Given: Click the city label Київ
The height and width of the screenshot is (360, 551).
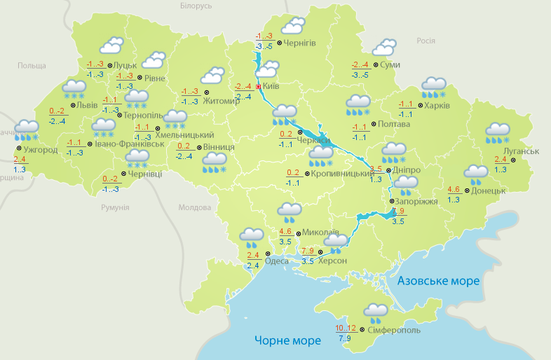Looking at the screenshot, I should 271,86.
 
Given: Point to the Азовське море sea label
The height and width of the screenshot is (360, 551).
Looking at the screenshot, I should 438,281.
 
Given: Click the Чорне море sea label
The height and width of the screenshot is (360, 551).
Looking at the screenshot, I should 287,340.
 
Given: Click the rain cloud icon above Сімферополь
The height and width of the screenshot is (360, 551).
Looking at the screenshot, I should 376,312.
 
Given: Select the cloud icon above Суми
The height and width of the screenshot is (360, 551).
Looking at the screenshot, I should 383,48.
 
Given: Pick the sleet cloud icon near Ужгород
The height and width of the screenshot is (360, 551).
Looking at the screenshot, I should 27,130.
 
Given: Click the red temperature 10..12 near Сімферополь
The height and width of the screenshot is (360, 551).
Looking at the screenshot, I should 346,328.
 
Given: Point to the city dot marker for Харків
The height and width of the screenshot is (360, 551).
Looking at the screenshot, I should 419,106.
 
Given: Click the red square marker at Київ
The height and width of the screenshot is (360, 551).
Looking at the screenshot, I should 258,87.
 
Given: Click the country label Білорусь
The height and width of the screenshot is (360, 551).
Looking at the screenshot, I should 196,6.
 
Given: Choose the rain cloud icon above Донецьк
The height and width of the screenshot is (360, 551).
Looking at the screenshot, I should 476,174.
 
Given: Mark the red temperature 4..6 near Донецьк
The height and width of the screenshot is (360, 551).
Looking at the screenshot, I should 454,189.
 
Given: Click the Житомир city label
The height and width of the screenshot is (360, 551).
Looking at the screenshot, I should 222,101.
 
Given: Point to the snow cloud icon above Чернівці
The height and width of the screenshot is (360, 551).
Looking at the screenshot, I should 137,158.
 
